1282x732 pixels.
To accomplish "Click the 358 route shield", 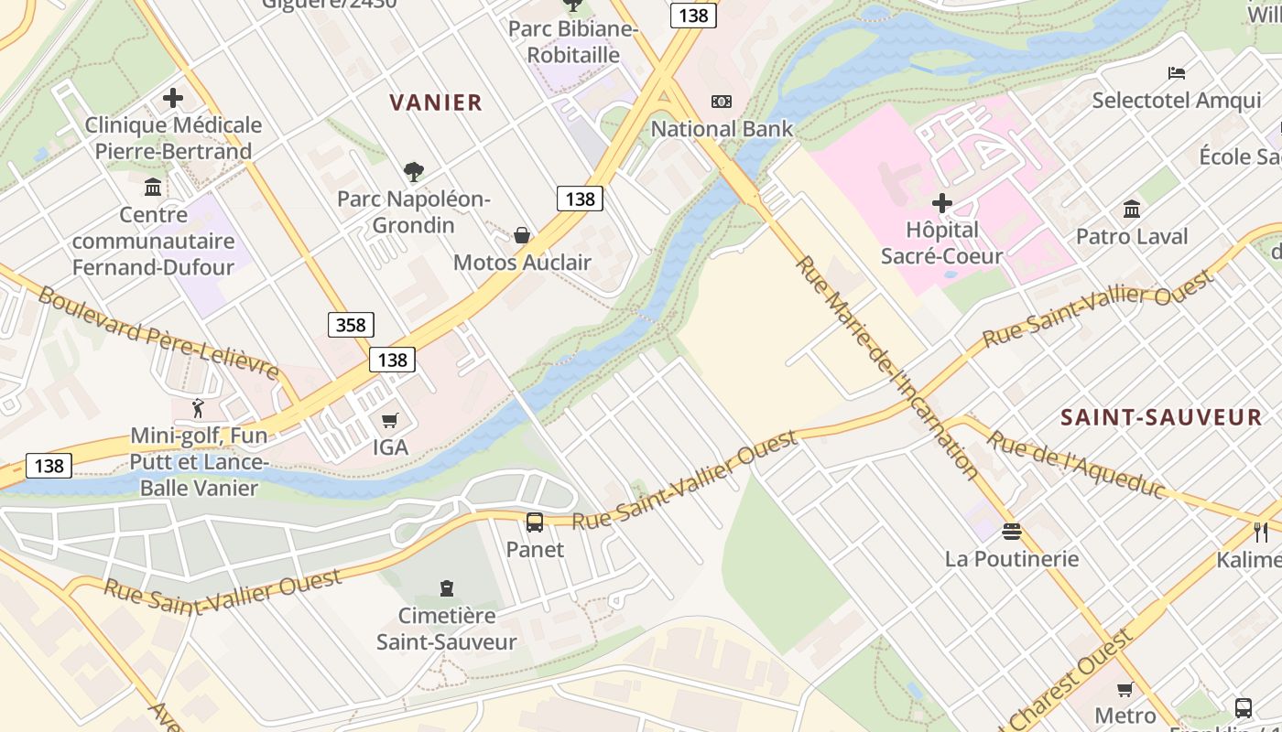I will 351,324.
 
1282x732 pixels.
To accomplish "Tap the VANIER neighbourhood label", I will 436,102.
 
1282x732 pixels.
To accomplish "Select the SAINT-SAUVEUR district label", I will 1161,418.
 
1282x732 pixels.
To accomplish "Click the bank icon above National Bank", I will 722,102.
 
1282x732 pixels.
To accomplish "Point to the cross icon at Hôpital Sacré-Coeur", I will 941,202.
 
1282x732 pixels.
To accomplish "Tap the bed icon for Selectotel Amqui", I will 1177,73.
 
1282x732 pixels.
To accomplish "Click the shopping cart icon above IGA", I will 390,421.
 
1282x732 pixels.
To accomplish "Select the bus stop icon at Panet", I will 535,522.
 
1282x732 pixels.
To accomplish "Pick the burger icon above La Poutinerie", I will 1012,532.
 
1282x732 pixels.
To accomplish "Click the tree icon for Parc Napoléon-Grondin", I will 413,171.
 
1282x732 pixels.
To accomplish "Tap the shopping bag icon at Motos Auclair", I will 522,235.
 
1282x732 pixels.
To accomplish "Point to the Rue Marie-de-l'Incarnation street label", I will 886,366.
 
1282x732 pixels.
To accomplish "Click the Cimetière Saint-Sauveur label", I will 447,629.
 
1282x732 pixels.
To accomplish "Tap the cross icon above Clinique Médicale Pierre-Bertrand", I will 173,98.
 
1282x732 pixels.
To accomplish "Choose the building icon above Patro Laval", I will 1132,210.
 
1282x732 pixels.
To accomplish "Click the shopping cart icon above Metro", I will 1125,689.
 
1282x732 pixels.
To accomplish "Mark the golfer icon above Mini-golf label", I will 198,408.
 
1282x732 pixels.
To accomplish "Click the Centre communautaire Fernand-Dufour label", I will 154,241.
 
